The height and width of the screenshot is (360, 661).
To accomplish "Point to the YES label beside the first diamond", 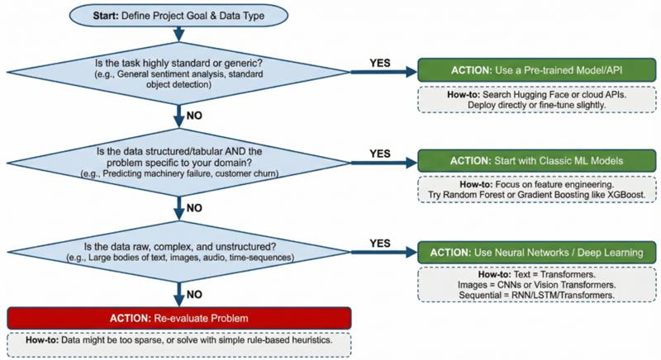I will pyautogui.click(x=379, y=61).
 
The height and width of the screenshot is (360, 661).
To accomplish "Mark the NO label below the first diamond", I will pyautogui.click(x=196, y=116).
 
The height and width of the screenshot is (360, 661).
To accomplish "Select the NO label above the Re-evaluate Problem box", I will pyautogui.click(x=196, y=293).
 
